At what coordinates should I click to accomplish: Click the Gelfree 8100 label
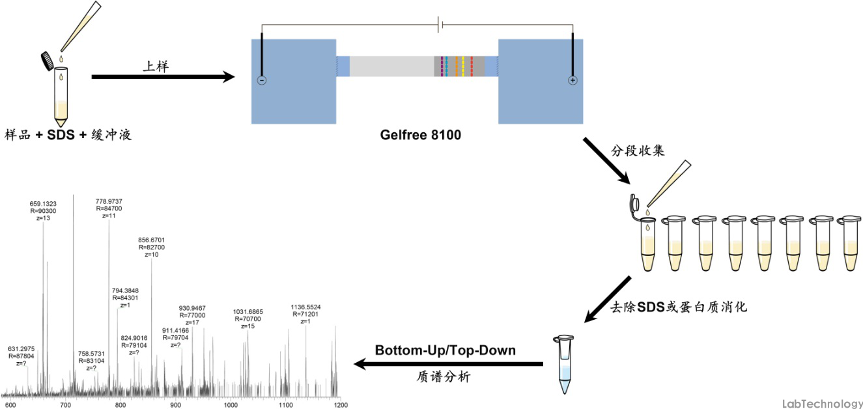420,135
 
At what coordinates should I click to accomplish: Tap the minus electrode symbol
262,81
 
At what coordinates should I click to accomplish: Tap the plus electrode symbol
573,81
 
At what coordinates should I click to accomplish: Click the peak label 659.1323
43,204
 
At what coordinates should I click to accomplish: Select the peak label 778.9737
109,201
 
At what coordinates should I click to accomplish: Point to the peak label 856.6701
151,240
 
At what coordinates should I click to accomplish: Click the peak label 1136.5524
305,307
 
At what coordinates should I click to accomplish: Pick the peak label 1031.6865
248,312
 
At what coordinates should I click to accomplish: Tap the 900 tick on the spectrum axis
176,405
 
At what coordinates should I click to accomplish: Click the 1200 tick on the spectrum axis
341,405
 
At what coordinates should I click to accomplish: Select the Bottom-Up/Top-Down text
445,350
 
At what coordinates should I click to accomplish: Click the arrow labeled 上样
163,77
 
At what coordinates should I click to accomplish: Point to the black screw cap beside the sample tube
48,61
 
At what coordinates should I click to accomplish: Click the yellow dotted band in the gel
463,66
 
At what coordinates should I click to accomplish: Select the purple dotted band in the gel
442,66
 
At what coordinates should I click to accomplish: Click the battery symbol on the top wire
440,25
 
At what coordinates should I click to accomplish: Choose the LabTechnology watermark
822,403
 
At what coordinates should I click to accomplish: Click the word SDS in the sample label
61,135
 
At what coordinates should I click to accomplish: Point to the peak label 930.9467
192,309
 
